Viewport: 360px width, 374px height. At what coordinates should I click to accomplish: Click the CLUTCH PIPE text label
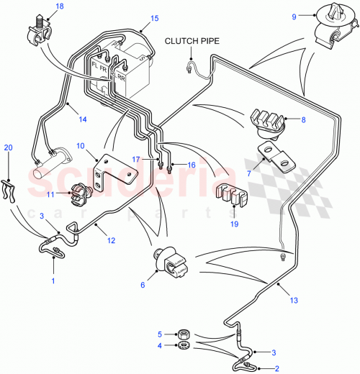(192, 41)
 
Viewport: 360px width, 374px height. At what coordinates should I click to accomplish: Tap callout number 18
(59, 6)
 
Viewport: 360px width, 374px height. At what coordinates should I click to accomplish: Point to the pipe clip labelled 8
(268, 124)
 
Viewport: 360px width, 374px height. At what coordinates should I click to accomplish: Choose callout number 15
(153, 19)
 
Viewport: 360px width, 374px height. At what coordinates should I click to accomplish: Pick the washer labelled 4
(183, 347)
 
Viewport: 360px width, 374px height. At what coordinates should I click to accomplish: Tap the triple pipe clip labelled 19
(230, 195)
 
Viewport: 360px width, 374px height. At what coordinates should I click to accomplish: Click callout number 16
(191, 165)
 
